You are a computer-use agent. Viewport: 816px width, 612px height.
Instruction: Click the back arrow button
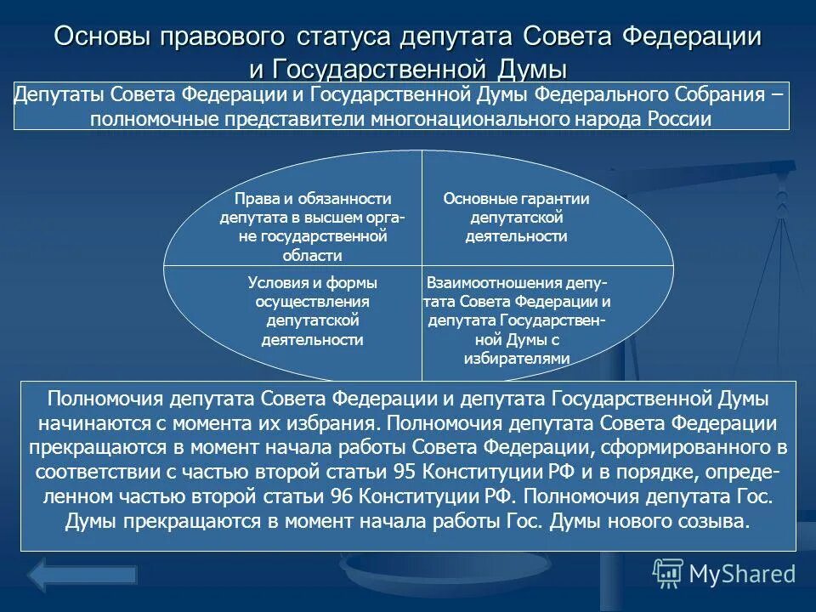(x=82, y=575)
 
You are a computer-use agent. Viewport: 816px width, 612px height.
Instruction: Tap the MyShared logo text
(x=742, y=573)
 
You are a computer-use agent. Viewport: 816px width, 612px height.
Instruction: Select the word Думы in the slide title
(x=526, y=69)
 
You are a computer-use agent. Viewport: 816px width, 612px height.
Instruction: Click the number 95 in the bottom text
(x=408, y=472)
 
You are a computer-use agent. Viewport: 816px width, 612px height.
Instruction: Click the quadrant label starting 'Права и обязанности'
(x=313, y=227)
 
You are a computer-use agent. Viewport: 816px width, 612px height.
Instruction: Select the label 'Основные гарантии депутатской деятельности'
(x=516, y=217)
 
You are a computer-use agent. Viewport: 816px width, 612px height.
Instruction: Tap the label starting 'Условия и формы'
(x=313, y=311)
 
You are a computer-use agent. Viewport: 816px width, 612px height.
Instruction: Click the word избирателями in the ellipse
(x=516, y=359)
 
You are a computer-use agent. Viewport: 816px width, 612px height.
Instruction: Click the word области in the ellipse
(x=313, y=255)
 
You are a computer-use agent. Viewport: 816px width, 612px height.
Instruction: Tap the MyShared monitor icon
(x=668, y=574)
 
